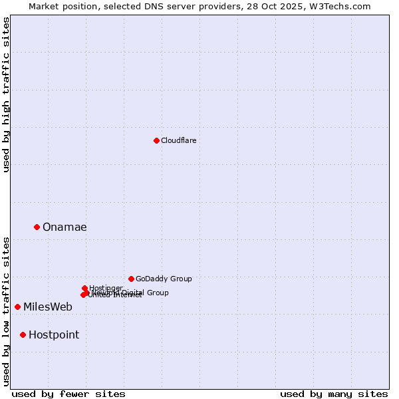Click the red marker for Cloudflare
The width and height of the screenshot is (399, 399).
pyautogui.click(x=156, y=140)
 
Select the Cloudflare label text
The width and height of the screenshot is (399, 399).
pyautogui.click(x=179, y=140)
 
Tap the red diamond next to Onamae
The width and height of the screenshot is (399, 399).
pyautogui.click(x=37, y=227)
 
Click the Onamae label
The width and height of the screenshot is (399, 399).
pyautogui.click(x=65, y=227)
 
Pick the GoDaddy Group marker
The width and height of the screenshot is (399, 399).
pyautogui.click(x=131, y=279)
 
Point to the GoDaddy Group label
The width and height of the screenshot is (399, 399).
pyautogui.click(x=164, y=279)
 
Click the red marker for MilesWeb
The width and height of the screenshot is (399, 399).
pyautogui.click(x=17, y=307)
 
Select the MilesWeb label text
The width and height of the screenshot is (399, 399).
pyautogui.click(x=48, y=307)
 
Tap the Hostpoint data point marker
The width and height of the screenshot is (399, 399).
pyautogui.click(x=23, y=334)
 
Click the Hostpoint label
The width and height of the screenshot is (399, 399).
pyautogui.click(x=54, y=334)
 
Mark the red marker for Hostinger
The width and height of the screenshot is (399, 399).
pyautogui.click(x=84, y=288)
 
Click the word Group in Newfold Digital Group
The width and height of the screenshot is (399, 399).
pyautogui.click(x=158, y=293)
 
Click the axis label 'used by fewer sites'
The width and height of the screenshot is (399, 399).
pyautogui.click(x=68, y=394)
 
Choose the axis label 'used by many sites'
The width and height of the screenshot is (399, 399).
pyautogui.click(x=334, y=394)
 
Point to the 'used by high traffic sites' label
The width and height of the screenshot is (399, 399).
pyautogui.click(x=6, y=94)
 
